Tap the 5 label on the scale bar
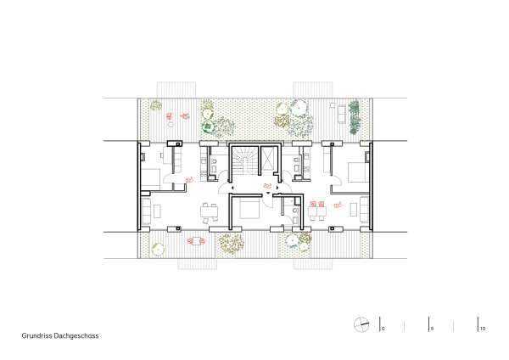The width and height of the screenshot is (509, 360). tap(433, 328)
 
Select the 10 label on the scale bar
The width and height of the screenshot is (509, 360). tap(482, 328)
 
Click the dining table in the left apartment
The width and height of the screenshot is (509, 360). tap(208, 212)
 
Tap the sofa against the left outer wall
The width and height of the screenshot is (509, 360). tap(145, 211)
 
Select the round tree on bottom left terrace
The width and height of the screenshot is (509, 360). tap(157, 249)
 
